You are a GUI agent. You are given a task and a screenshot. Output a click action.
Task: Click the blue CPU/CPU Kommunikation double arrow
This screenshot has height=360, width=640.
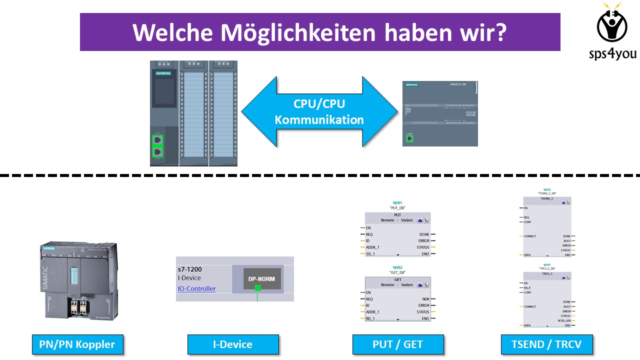[319, 111]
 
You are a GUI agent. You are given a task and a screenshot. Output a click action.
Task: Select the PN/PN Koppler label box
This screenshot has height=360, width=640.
[77, 344]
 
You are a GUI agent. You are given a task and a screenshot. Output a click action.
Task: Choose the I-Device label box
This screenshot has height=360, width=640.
[233, 344]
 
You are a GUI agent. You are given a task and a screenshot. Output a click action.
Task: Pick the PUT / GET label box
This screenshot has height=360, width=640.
[398, 344]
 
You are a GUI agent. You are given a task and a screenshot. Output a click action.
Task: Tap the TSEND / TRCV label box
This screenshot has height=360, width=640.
[546, 344]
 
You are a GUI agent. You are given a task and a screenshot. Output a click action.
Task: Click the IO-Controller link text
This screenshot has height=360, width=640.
[196, 288]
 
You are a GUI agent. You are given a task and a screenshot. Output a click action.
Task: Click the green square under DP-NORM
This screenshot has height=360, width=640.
[257, 287]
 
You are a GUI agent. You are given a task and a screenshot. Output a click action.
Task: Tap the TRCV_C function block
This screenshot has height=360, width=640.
[547, 299]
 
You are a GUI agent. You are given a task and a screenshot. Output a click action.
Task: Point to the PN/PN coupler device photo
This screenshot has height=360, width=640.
[79, 280]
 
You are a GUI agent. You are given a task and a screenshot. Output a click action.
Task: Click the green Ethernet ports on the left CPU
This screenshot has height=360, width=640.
[158, 145]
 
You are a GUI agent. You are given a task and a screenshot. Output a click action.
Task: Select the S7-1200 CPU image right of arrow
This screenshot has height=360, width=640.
[440, 113]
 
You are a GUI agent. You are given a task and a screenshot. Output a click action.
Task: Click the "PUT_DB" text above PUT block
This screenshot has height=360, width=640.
[397, 207]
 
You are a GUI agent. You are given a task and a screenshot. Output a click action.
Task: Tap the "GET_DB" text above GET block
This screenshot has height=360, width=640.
[397, 272]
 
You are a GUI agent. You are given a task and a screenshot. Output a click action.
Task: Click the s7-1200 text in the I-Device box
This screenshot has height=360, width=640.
[190, 269]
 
